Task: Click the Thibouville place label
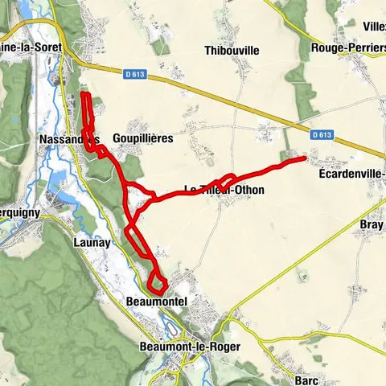pyautogui.click(x=232, y=50)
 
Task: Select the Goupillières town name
pyautogui.click(x=144, y=138)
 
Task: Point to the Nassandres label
pyautogui.click(x=68, y=139)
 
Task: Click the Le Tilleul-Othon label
pyautogui.click(x=224, y=190)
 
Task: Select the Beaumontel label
pyautogui.click(x=157, y=302)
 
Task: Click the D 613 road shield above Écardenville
pyautogui.click(x=322, y=135)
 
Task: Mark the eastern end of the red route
pyautogui.click(x=304, y=158)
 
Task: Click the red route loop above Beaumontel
pyautogui.click(x=157, y=282)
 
